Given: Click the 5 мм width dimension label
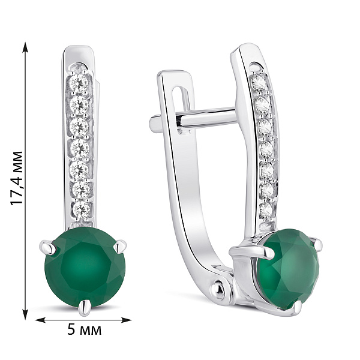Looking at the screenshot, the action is (85, 329).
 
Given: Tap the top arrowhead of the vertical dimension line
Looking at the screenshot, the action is (25, 48).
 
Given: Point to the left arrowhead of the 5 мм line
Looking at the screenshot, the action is (41, 320).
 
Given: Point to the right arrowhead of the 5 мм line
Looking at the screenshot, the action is (125, 320).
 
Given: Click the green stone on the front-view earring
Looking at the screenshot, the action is (85, 267).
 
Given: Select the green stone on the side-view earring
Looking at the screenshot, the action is (289, 269).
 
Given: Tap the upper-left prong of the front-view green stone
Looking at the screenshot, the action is (49, 247).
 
